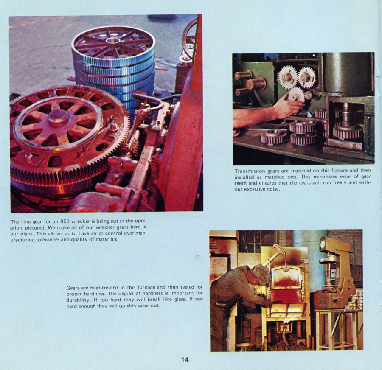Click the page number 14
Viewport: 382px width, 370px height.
(x=185, y=359)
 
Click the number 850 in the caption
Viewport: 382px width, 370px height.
(x=65, y=221)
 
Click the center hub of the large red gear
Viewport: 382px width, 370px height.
(x=57, y=118)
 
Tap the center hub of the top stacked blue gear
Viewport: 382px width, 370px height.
(x=113, y=41)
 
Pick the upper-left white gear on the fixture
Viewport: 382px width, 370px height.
(x=288, y=76)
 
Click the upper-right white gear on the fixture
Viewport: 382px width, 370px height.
(x=307, y=77)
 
